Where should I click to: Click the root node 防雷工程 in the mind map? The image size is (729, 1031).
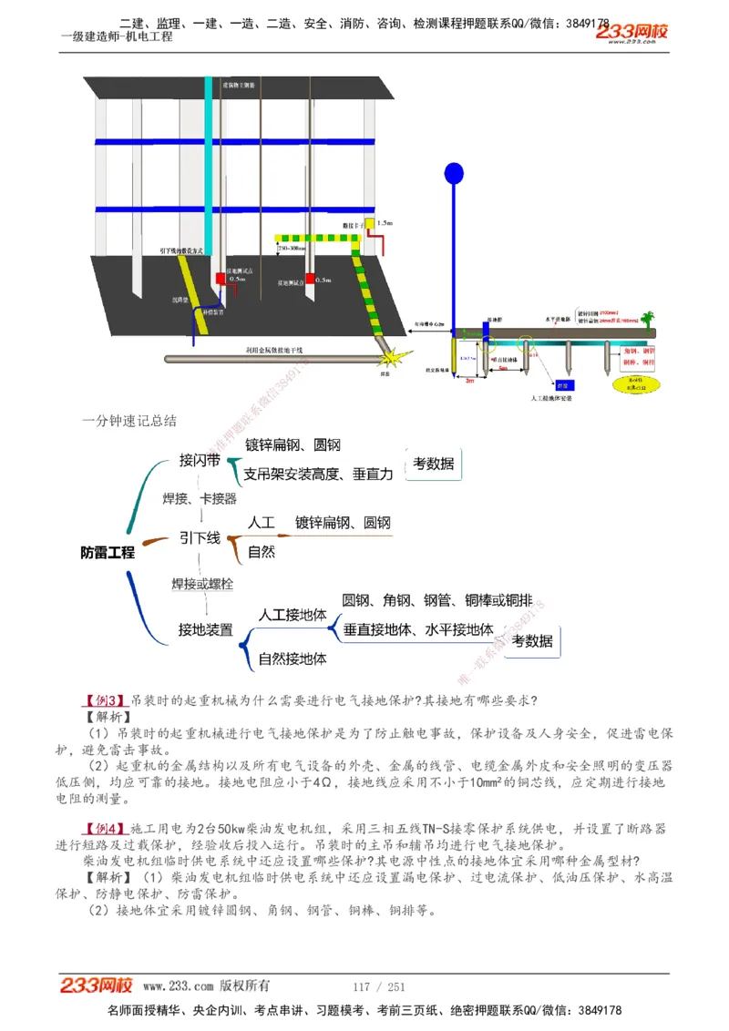click(108, 552)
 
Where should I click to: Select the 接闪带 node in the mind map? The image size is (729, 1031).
click(199, 461)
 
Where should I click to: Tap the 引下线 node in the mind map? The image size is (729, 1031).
click(200, 538)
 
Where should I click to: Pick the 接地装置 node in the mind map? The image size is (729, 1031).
click(205, 629)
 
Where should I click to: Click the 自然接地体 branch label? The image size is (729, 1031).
click(293, 658)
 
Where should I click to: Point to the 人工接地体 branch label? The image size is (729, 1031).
click(293, 616)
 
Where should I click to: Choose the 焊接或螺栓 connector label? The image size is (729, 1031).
click(202, 584)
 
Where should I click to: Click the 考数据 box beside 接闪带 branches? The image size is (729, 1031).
click(434, 464)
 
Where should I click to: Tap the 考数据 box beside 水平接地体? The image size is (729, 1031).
click(532, 641)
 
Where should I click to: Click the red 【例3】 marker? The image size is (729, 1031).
click(104, 700)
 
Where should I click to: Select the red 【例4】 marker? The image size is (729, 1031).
click(104, 829)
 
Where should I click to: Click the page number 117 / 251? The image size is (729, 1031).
click(378, 986)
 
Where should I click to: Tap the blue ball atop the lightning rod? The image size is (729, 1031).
click(453, 172)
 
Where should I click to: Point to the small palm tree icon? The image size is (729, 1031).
click(648, 319)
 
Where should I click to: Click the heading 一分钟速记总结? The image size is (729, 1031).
click(129, 421)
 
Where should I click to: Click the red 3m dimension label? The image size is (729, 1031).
click(469, 380)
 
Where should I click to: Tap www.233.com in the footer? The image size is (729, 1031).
click(179, 986)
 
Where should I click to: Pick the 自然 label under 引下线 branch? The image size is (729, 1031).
click(262, 552)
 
